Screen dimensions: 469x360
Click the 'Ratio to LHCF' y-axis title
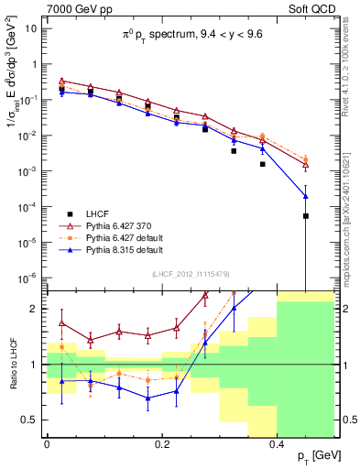point(13,366)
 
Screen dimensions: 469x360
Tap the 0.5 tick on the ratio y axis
point(32,420)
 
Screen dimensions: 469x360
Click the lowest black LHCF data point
point(306,216)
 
